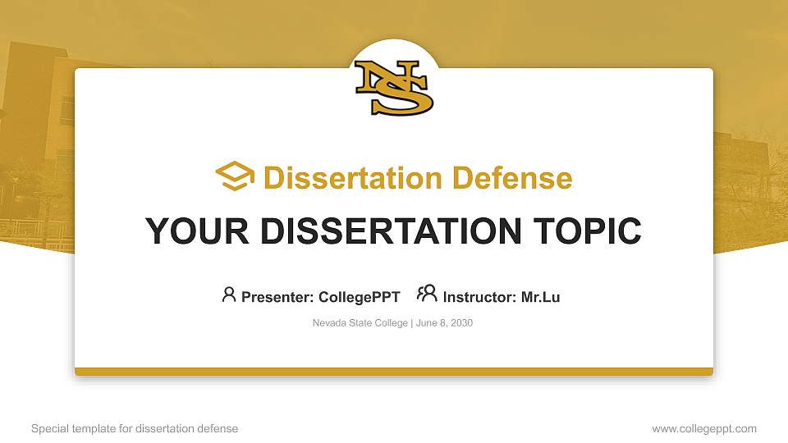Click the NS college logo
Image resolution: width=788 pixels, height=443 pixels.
pos(394,88)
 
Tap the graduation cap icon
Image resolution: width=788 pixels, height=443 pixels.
pos(236,176)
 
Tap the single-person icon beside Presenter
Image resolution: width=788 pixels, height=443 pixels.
pos(229,294)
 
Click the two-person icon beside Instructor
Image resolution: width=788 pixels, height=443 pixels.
pos(427,294)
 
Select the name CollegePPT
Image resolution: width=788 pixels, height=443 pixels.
pos(359,297)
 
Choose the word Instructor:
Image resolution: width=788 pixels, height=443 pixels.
pos(480,297)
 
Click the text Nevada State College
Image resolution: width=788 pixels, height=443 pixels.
pos(360,323)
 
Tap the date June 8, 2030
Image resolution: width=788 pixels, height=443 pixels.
pos(444,323)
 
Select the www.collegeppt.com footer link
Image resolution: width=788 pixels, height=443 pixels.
pos(704,428)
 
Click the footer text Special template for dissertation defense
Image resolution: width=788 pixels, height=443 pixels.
pos(135,428)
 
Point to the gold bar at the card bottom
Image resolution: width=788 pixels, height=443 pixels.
pos(394,372)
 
